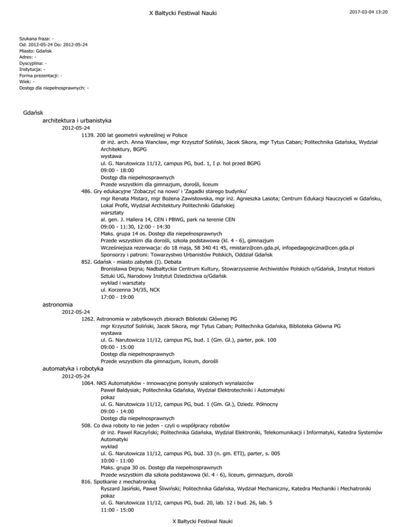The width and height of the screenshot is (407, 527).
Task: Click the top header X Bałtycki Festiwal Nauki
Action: click(203, 11)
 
